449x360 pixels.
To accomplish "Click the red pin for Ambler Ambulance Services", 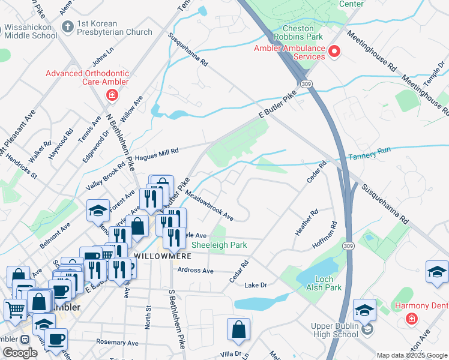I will click(x=334, y=52).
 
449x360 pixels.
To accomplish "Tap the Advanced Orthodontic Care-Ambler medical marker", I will click(x=112, y=95).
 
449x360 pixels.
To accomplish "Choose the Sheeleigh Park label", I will click(x=219, y=245).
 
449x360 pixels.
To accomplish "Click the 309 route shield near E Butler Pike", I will click(x=307, y=83).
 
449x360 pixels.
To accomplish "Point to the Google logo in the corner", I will click(x=20, y=353).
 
